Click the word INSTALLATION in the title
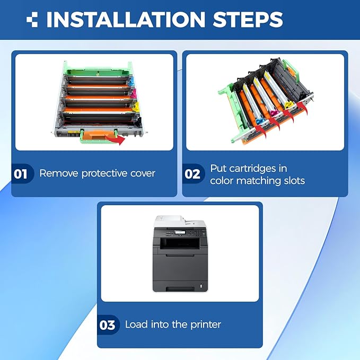click(126, 19)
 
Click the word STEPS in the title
click(248, 19)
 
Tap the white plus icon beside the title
click(32, 20)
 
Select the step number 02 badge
click(192, 174)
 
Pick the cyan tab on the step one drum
click(131, 82)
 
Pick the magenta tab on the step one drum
click(134, 94)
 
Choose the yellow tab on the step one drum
click(136, 107)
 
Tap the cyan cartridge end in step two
click(259, 121)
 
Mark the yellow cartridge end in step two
click(288, 105)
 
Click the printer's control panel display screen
click(180, 232)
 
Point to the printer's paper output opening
click(180, 243)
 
